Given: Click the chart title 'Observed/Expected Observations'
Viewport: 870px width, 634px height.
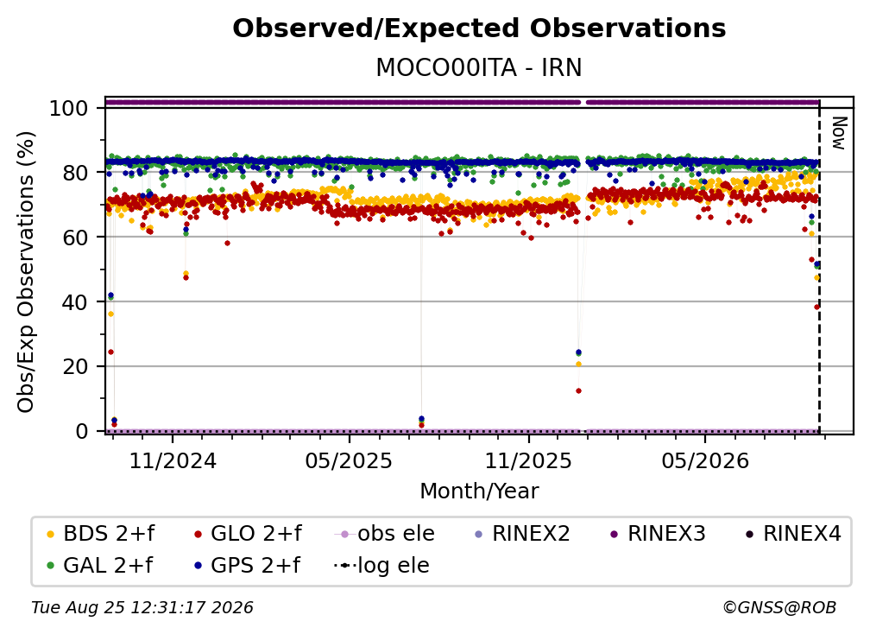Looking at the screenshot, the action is pos(479,29).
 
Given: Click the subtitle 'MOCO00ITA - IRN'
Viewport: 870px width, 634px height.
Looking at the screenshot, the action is pos(479,67).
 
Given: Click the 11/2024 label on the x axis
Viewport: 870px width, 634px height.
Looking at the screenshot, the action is pos(173,460).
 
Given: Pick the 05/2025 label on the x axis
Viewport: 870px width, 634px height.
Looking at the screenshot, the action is pos(349,460).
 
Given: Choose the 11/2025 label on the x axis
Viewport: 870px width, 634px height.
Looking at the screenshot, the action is pos(528,460).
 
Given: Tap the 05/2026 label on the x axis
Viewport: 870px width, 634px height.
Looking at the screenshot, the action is pos(704,460).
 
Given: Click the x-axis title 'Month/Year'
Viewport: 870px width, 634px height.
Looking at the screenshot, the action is pos(479,491).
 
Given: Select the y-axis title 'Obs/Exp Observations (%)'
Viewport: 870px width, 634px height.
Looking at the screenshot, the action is pos(26,272).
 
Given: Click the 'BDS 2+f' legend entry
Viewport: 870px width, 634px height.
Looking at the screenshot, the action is pos(101,534).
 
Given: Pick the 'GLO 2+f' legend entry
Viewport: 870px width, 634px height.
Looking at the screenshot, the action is pos(249,534).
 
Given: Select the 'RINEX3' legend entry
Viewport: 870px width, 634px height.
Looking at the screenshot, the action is pos(658,534).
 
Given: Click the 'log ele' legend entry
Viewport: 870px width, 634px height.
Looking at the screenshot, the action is pos(381,566).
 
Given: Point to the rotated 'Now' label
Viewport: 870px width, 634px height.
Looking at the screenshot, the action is pos(839,133).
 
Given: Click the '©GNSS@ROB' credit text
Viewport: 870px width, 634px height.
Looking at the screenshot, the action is pos(779,608).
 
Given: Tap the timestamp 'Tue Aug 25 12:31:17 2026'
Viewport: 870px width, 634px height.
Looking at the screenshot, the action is pos(142,608).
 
